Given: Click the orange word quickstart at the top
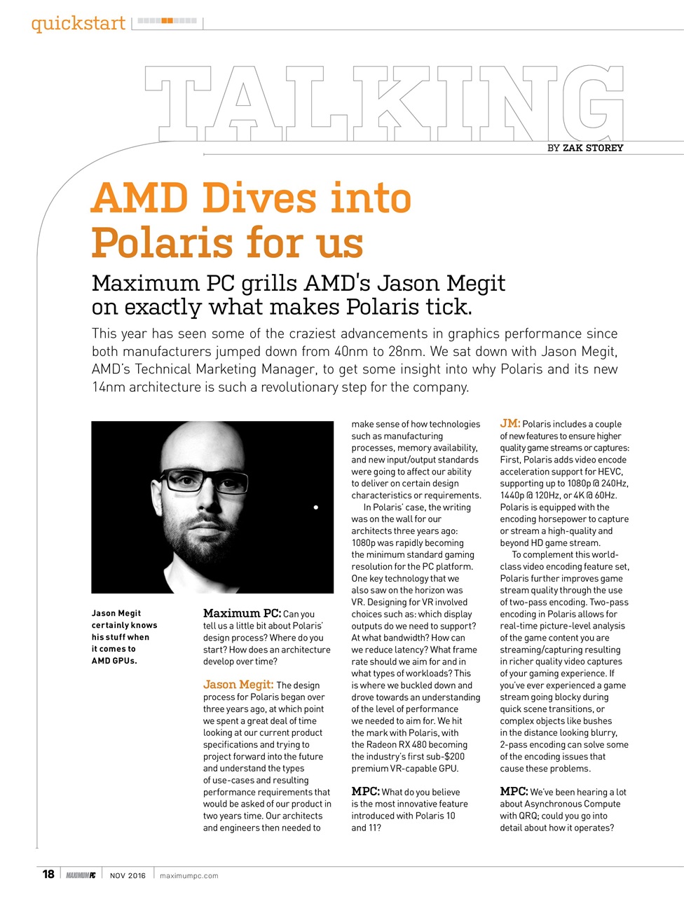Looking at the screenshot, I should click(78, 23).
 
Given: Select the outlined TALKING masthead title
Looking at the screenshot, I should click(383, 104).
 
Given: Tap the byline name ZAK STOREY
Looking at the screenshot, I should click(593, 148).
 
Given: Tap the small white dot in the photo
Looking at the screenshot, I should click(316, 507).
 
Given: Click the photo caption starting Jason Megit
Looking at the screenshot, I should click(124, 637).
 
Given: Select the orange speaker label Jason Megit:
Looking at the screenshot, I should click(238, 685).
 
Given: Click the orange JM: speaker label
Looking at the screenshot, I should click(509, 423).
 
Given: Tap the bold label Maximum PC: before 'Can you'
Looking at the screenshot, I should click(242, 614).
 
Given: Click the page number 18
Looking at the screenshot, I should click(48, 874).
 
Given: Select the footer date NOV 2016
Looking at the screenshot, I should click(128, 875).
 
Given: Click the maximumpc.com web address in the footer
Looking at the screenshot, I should click(189, 875).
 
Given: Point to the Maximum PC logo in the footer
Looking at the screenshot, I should click(81, 875).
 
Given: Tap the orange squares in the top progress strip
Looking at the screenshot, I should click(167, 21).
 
